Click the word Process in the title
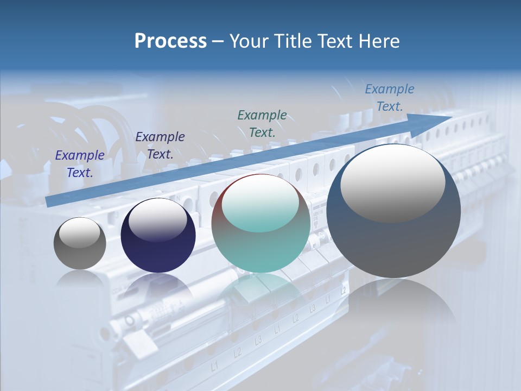[170, 41]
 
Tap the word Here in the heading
[378, 41]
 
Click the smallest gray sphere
[80, 244]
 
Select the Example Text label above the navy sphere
[160, 146]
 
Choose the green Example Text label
[262, 123]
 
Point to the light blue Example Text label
[389, 98]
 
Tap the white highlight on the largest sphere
[392, 182]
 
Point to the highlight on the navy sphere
[158, 219]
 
